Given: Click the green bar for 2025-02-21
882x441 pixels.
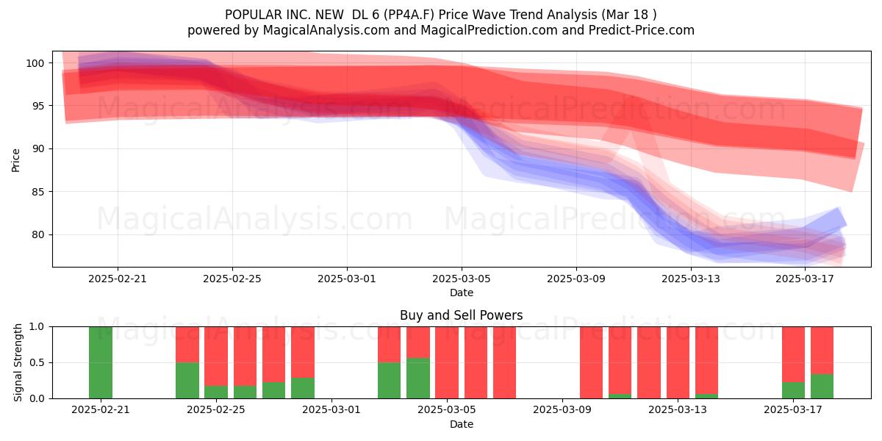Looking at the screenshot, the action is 101,362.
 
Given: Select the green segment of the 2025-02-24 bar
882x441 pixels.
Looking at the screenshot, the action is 187,381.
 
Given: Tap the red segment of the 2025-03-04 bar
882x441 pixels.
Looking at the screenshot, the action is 418,343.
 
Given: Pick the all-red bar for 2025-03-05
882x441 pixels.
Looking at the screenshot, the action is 447,362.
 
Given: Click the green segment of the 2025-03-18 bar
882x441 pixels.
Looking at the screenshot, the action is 822,386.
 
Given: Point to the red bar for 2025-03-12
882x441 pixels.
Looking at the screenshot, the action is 649,362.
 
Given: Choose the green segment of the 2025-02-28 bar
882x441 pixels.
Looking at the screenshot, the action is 303,388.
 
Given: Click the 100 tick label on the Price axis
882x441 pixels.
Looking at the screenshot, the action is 35,63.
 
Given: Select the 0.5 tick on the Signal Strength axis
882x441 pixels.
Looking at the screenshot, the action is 37,362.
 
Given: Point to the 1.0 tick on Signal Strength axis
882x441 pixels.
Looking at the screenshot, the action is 37,327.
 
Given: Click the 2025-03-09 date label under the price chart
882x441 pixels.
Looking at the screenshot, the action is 576,279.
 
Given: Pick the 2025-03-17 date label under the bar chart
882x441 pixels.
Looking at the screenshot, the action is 793,410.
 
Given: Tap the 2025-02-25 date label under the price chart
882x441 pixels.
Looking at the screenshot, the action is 232,279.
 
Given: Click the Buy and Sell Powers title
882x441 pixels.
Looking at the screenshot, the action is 462,315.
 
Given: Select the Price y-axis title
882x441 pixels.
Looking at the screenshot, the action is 15,160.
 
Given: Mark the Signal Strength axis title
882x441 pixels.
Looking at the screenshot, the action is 18,362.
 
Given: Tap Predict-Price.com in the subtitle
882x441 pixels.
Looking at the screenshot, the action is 642,30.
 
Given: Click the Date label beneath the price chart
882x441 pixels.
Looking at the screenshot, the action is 462,293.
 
